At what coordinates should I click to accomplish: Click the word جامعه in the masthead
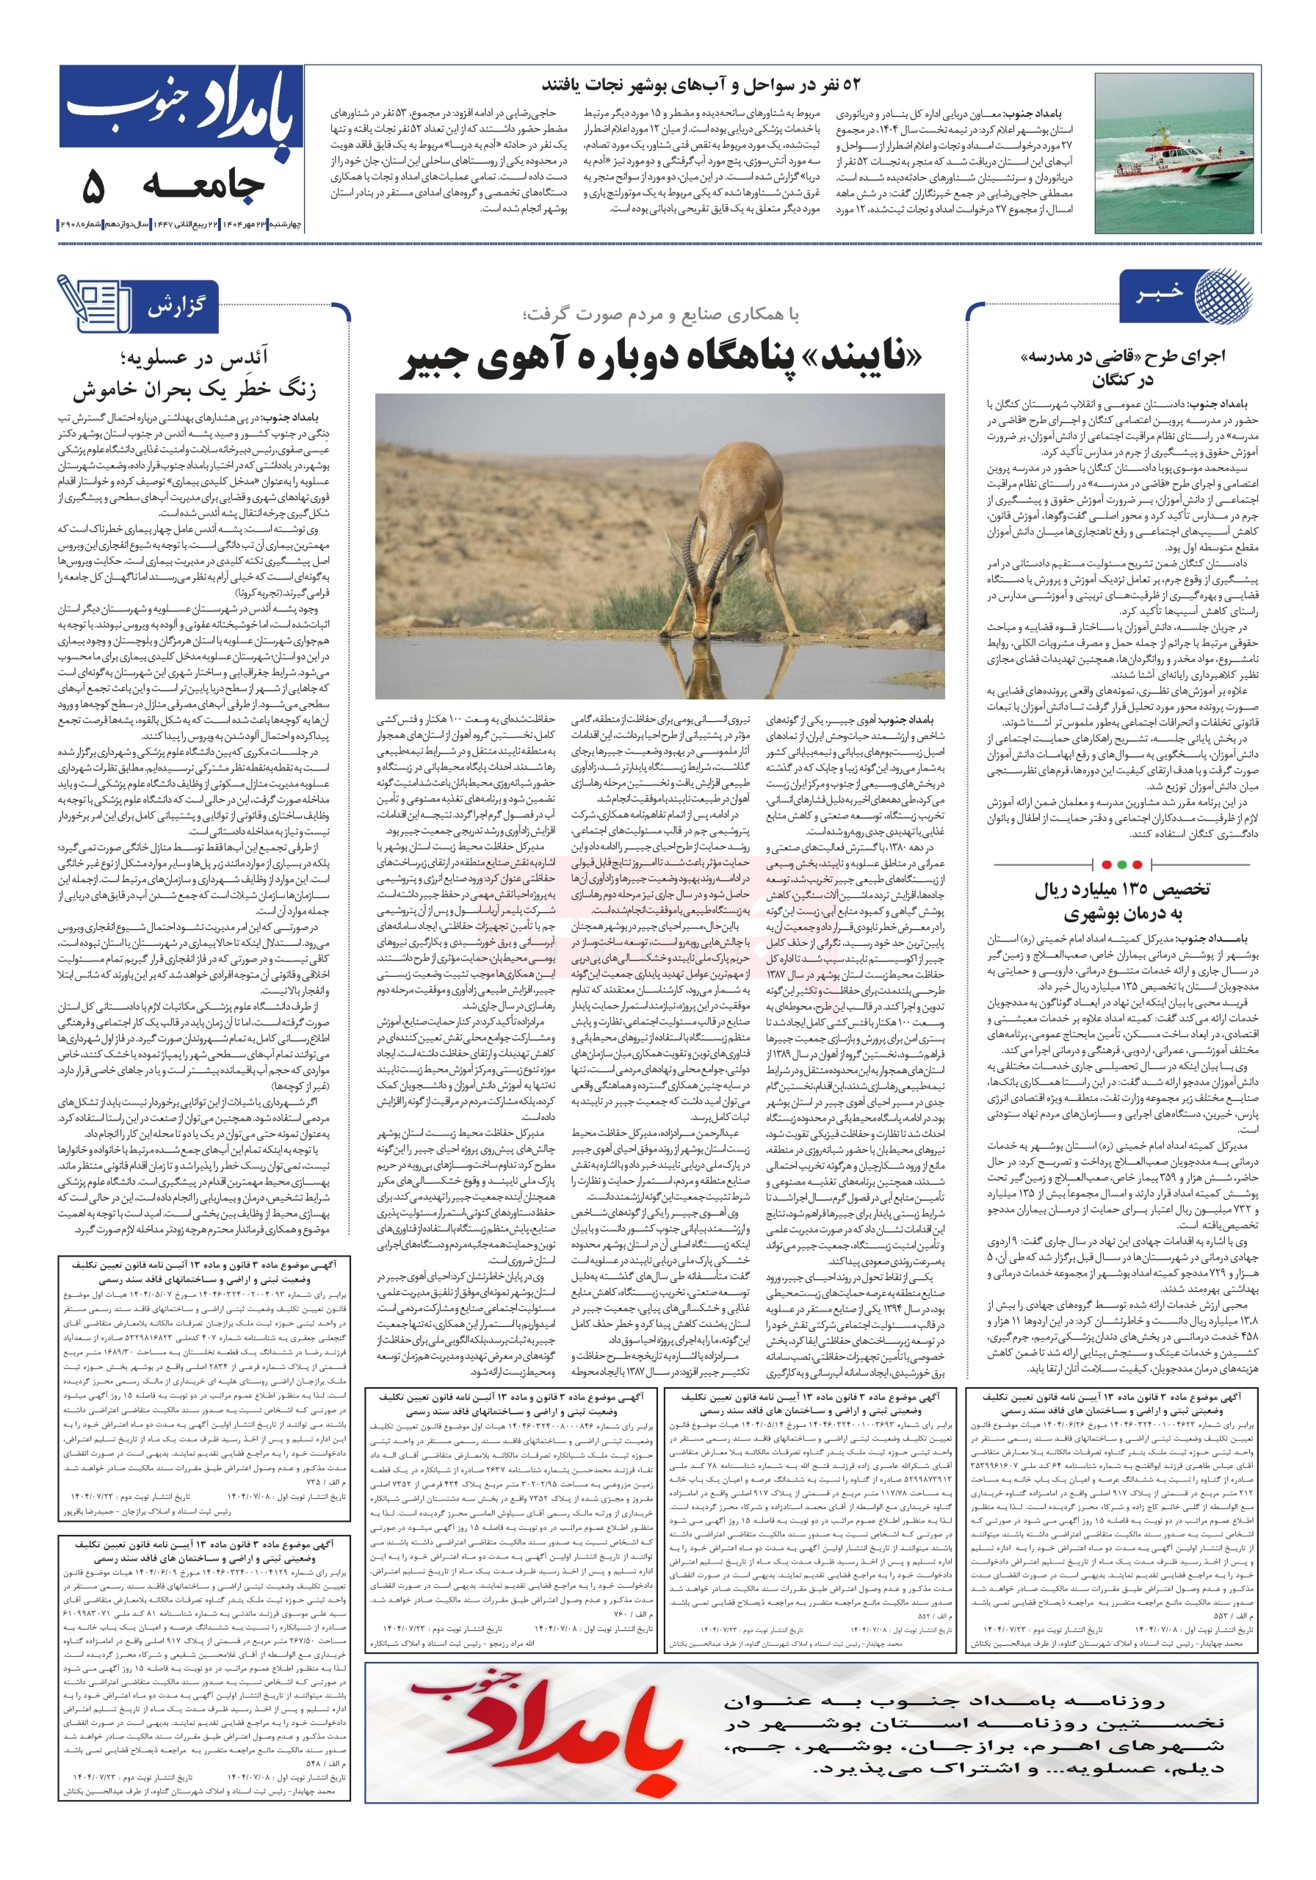[x=203, y=187]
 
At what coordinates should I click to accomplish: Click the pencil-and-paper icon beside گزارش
[x=94, y=304]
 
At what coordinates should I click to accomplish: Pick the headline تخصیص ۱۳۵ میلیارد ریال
[x=1121, y=890]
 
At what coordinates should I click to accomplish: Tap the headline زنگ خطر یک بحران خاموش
[x=194, y=389]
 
